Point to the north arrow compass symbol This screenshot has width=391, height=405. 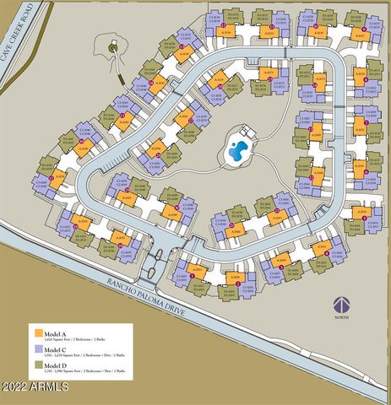[x=341, y=305]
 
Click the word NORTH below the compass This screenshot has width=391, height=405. [x=341, y=319]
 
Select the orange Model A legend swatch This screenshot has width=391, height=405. [x=37, y=332]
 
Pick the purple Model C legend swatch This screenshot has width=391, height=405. [x=37, y=349]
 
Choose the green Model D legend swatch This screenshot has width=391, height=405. [x=37, y=366]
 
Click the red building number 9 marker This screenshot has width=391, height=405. [x=363, y=30]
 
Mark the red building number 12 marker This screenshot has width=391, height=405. [x=222, y=25]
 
